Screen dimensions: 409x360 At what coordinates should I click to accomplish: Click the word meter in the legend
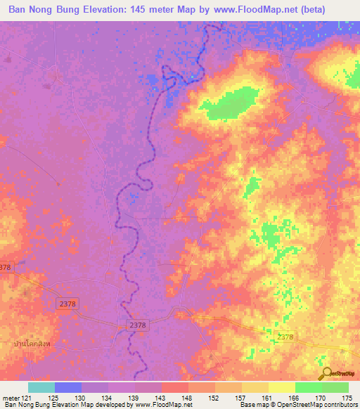11,398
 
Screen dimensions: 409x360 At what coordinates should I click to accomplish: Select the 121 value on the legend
27,398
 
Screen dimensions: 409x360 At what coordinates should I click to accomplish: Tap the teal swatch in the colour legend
41,387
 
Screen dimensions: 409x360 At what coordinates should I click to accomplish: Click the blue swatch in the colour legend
67,387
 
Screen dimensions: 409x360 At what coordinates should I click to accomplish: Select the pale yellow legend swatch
281,387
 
